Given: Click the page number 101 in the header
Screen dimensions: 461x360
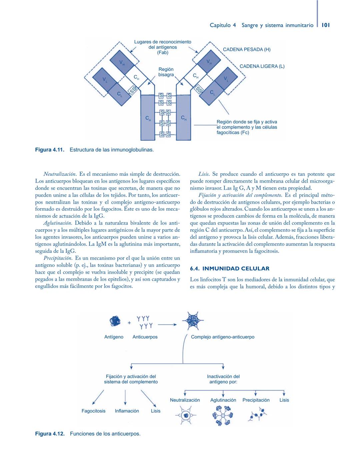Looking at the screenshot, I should [326, 25].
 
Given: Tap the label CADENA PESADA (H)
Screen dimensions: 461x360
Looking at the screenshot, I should [246, 50].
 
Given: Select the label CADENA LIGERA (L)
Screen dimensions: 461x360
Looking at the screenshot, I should [262, 66].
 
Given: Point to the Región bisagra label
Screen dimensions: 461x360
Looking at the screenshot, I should [166, 72].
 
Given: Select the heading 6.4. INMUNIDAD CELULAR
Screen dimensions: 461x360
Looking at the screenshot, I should [230, 269].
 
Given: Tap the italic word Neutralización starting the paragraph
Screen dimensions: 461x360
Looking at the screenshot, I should [60, 174].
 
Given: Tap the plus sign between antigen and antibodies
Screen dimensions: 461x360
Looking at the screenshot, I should [129, 323].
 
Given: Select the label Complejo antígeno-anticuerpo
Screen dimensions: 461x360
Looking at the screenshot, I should [222, 337].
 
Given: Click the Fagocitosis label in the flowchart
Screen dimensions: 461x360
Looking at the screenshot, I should [93, 411].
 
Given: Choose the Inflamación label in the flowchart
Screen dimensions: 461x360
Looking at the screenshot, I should [127, 411].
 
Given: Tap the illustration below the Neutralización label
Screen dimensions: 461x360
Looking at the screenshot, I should [186, 415].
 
